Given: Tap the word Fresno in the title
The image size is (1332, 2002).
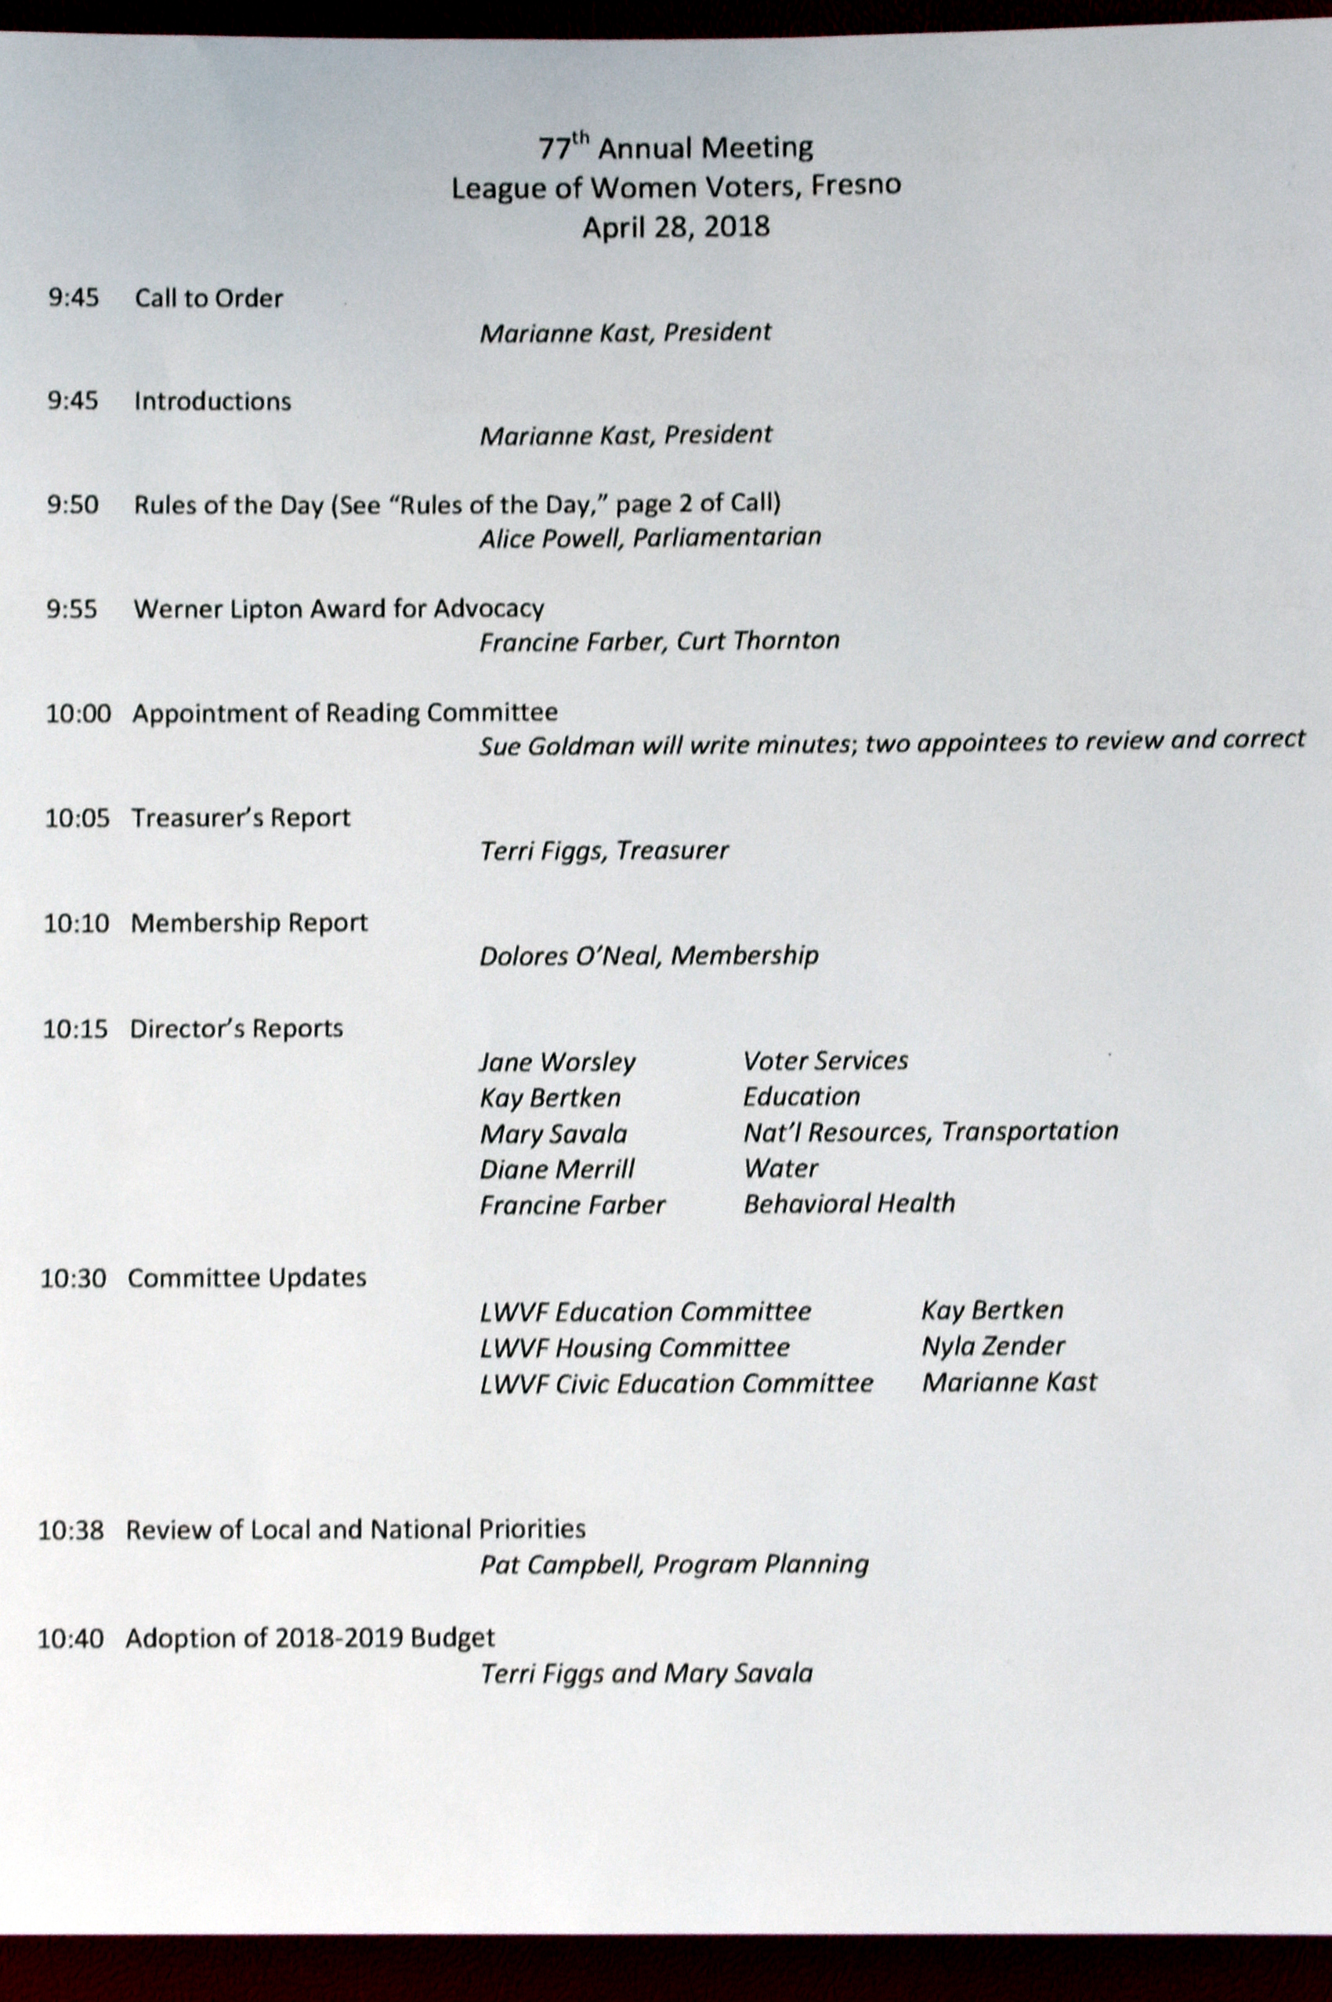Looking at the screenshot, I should click(x=856, y=186).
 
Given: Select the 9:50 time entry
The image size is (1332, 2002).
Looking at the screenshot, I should click(x=73, y=505).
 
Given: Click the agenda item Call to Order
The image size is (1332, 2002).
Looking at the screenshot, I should click(x=208, y=299).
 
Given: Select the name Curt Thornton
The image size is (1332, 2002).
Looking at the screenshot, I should click(x=758, y=640).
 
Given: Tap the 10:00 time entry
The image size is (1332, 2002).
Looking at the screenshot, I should click(x=78, y=714).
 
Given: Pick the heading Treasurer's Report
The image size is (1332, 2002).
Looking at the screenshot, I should click(x=241, y=818).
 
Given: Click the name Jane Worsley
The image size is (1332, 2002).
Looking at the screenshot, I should click(x=557, y=1063).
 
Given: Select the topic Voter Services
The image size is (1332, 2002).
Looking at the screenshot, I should click(x=825, y=1061).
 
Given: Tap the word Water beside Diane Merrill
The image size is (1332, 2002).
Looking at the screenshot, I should click(x=780, y=1169).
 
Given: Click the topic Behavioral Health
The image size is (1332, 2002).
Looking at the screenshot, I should click(x=849, y=1204).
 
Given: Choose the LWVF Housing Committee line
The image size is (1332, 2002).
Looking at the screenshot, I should click(x=635, y=1348).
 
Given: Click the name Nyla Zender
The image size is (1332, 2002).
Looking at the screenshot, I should click(x=993, y=1346).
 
